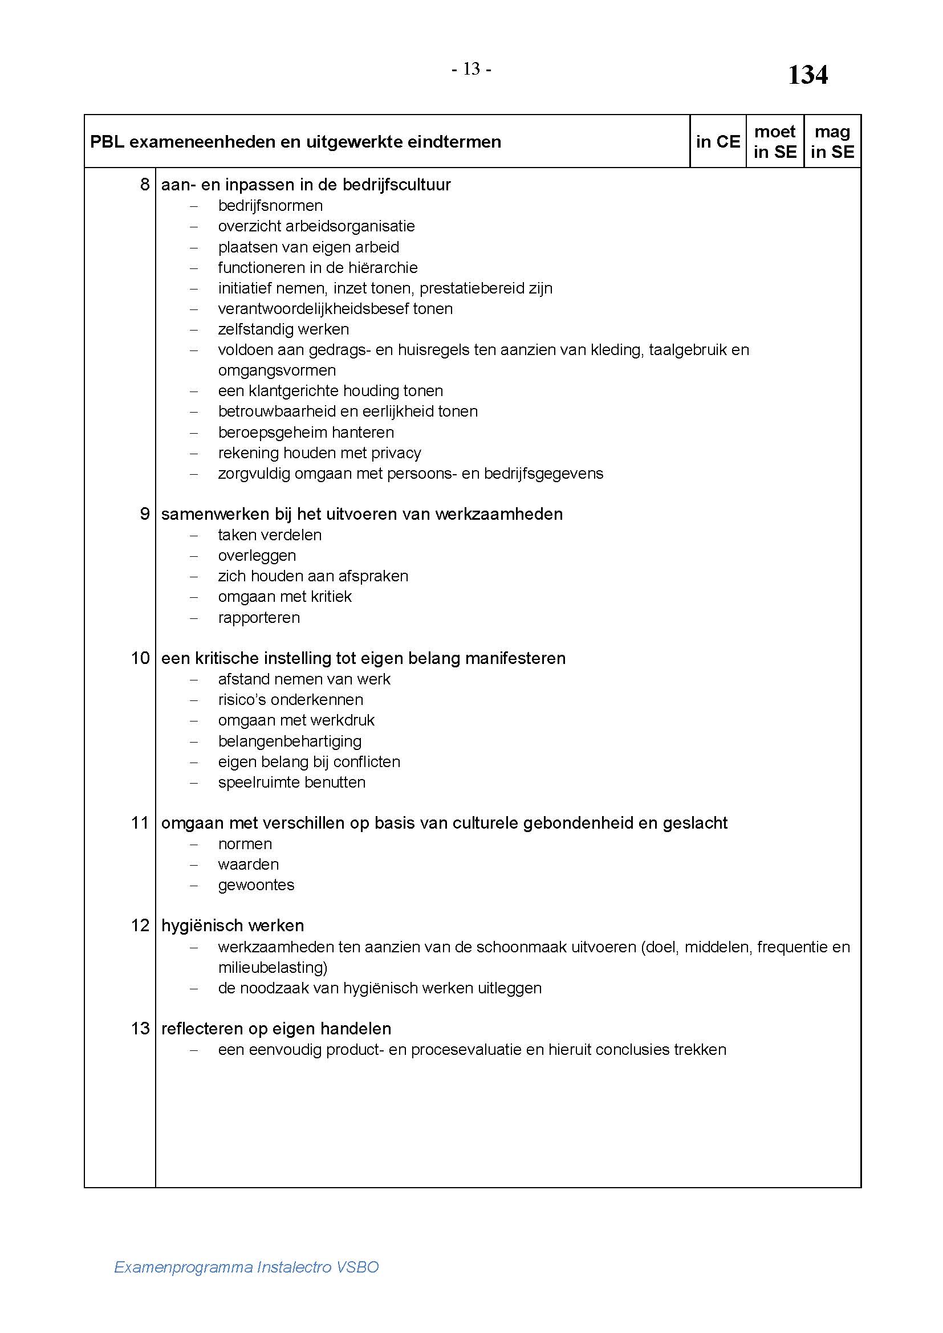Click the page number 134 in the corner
(x=807, y=75)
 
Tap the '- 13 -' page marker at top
(x=472, y=70)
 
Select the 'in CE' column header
(x=718, y=142)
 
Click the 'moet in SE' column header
(x=775, y=142)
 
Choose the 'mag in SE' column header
(x=832, y=142)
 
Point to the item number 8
(x=145, y=185)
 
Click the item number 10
(x=140, y=658)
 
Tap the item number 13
(x=140, y=1028)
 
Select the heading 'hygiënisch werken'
(x=232, y=925)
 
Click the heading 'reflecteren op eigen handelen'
(x=276, y=1028)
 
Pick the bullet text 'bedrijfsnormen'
(x=270, y=206)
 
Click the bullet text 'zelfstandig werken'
(x=283, y=329)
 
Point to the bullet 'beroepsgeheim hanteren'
(x=306, y=432)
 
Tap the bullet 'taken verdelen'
(x=270, y=535)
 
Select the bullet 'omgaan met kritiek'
(x=284, y=596)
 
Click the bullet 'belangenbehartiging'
(x=290, y=741)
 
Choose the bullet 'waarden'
(x=248, y=864)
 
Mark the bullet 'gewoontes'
(x=256, y=885)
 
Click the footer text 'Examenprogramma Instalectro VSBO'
(x=246, y=1266)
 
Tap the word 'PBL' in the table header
(x=107, y=142)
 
